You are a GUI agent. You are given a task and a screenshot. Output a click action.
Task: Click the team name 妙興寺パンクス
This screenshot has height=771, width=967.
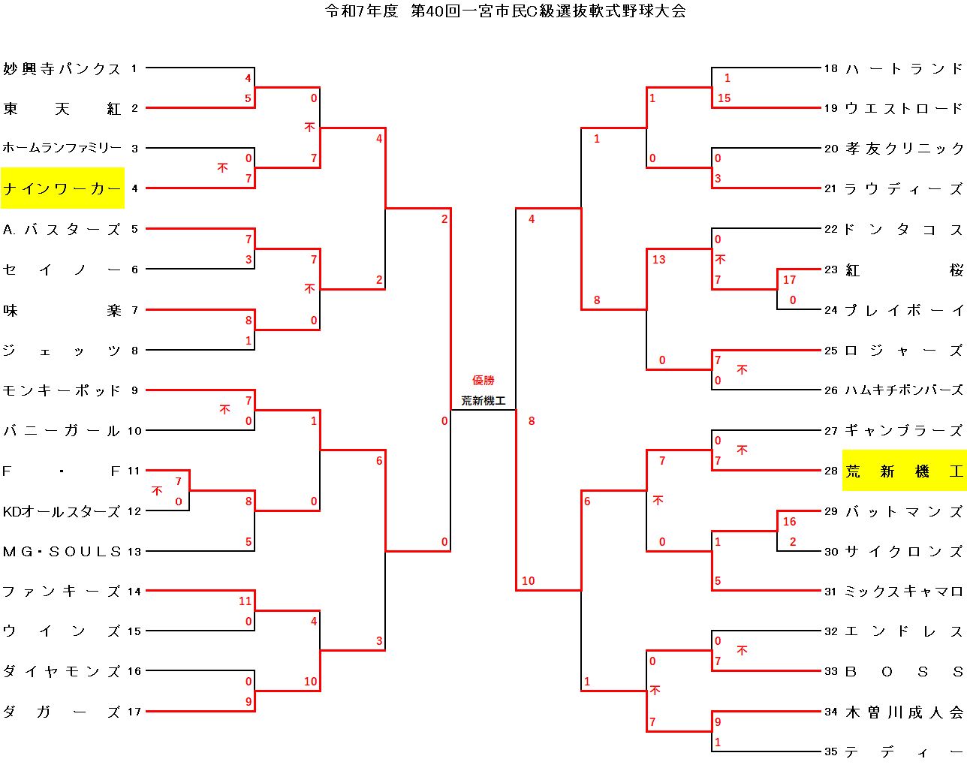click(62, 69)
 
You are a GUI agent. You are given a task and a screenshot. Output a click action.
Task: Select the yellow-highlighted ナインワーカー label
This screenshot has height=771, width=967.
click(62, 188)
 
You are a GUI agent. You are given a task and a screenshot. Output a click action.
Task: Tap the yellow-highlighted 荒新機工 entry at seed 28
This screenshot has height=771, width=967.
click(904, 471)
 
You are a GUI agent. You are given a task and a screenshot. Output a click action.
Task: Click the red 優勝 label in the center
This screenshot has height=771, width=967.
click(483, 381)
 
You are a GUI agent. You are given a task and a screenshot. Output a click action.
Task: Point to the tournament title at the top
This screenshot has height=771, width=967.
click(505, 11)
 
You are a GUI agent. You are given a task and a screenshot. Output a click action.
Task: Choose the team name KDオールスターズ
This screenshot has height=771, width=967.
click(62, 511)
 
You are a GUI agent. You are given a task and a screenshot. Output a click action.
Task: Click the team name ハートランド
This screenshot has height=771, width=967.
click(904, 69)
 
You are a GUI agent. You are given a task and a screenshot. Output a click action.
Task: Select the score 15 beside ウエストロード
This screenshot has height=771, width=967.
click(724, 98)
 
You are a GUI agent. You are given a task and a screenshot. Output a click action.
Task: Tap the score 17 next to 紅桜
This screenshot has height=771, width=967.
click(789, 280)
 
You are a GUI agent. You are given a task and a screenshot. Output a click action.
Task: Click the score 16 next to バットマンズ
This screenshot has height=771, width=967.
click(789, 522)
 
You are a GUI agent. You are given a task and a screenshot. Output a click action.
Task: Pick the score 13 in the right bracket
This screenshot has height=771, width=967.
click(658, 260)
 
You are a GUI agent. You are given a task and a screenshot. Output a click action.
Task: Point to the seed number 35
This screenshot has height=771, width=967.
click(830, 751)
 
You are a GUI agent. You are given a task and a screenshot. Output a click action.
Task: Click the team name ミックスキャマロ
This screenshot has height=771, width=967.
click(904, 592)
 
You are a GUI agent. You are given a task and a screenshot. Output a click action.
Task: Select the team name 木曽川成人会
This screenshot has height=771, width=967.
click(904, 712)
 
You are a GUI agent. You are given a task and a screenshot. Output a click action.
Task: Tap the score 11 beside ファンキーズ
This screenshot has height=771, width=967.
click(246, 601)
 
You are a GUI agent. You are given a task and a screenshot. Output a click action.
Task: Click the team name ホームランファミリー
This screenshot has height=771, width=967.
click(62, 149)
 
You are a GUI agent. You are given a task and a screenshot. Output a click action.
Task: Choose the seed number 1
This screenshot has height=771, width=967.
click(134, 68)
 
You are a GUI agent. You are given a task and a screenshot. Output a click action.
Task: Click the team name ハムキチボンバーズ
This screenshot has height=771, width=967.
click(904, 390)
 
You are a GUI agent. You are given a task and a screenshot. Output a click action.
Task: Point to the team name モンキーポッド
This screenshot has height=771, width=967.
click(62, 390)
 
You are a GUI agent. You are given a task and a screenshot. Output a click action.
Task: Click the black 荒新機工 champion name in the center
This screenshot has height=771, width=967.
click(483, 401)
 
